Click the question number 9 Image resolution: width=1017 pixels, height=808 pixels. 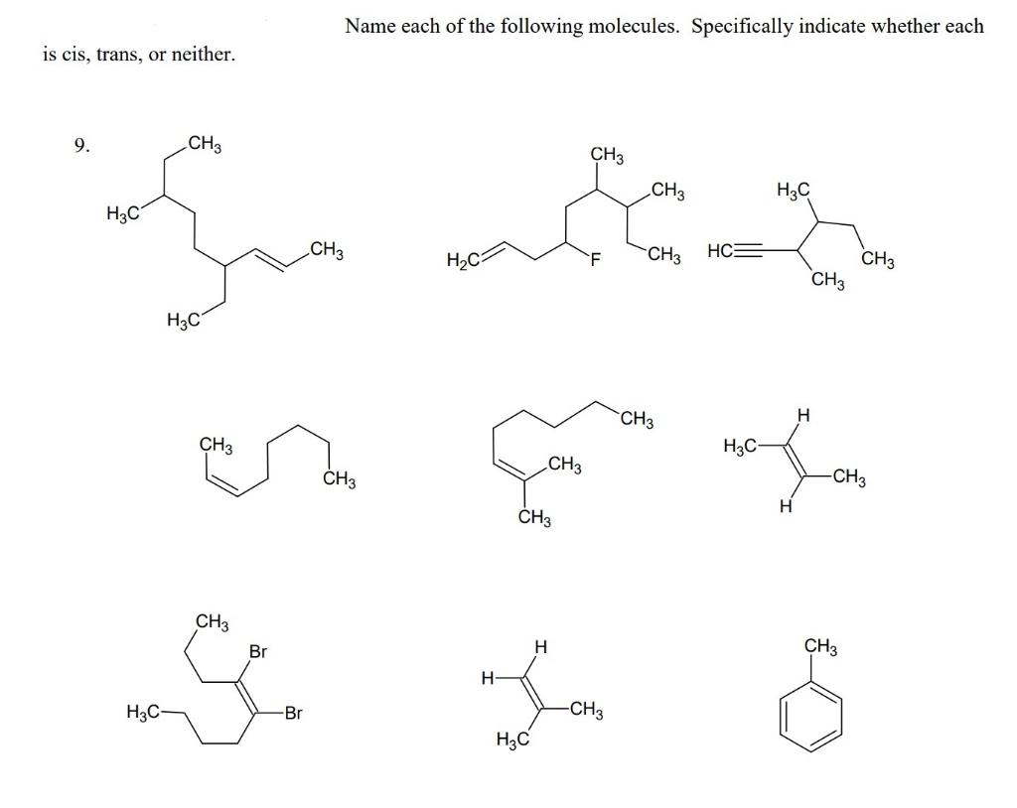(81, 147)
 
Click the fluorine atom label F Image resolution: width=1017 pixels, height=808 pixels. (595, 261)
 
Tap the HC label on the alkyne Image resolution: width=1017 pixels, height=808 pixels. (720, 250)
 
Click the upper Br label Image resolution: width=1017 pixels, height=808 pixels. (258, 652)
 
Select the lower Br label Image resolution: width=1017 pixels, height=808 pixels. (292, 713)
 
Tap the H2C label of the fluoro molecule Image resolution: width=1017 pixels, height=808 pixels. (464, 262)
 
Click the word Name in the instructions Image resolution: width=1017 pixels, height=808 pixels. (370, 27)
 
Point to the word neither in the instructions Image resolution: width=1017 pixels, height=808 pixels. (204, 54)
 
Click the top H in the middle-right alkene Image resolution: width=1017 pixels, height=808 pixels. (803, 414)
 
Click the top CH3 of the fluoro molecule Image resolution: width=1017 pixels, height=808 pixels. (607, 155)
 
